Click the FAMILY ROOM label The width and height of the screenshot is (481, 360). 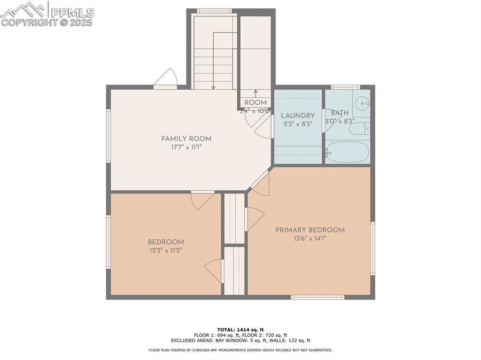pos(186,138)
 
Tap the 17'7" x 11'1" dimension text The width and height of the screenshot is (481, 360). pos(186,147)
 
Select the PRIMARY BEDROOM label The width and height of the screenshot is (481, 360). pos(310,230)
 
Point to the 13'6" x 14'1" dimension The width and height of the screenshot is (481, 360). pos(310,238)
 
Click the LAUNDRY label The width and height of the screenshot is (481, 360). pos(298,115)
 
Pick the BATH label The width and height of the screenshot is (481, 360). pos(340,113)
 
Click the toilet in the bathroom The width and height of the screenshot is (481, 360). pos(362,129)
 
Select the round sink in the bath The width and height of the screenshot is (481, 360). pos(361,102)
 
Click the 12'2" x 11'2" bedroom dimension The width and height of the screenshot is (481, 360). pos(165,251)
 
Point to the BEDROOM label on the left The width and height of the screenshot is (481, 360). pos(165,242)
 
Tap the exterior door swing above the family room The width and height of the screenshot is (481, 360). pos(166,78)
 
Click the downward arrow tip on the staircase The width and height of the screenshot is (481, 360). pos(213,88)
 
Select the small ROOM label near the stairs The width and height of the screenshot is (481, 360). pos(256,103)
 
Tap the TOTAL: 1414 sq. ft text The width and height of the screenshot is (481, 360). pos(240,329)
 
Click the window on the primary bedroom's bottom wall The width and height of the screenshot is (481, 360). pos(318,297)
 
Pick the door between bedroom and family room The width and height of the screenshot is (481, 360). pos(202,199)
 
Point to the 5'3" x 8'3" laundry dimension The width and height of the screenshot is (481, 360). pos(298,124)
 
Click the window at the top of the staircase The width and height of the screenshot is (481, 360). pos(214,11)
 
